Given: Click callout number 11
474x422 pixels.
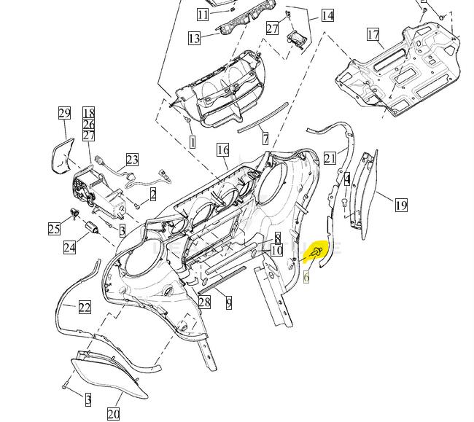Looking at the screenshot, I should tap(203, 15).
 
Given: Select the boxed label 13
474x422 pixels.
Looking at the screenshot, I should tap(194, 38).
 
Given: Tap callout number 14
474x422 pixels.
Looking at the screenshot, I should tap(327, 15).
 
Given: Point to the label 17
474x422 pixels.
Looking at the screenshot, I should tap(373, 34).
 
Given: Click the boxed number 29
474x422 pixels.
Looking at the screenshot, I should tap(64, 113).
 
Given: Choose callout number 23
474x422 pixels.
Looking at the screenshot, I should tap(132, 159).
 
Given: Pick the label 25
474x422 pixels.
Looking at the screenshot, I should tap(54, 229).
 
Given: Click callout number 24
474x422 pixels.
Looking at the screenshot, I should tap(69, 247).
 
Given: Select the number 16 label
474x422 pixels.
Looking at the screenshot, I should tap(222, 150).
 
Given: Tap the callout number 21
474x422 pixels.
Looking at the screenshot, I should tap(330, 158).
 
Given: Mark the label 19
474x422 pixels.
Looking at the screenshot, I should tap(401, 205).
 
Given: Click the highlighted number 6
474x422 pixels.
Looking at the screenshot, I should tap(307, 276).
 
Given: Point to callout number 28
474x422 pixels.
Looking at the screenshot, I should tap(204, 302).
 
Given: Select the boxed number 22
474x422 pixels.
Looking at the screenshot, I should tap(85, 307).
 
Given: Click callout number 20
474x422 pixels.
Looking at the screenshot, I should tap(113, 414).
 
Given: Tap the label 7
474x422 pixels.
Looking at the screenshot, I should tap(265, 138).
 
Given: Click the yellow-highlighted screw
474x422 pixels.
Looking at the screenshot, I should tap(316, 252).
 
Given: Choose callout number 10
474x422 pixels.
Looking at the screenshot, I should tap(276, 251).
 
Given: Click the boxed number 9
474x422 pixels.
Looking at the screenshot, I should tap(229, 302).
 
